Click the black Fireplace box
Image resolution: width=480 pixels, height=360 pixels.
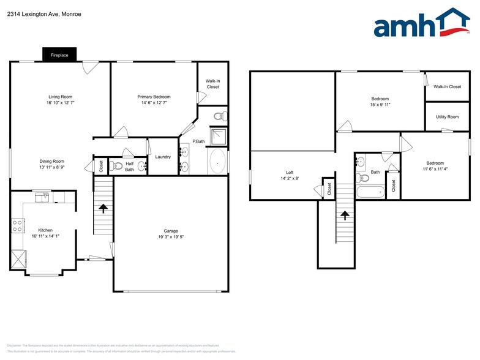pos(59,55)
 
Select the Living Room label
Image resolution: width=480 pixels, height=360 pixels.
pos(61,97)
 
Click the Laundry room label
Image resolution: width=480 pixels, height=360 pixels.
pos(163,157)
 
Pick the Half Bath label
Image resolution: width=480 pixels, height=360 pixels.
pos(129,167)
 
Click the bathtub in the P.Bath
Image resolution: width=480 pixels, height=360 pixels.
pos(218,162)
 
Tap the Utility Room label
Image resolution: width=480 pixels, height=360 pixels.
pos(447,116)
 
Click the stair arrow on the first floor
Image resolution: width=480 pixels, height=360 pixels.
pos(103,209)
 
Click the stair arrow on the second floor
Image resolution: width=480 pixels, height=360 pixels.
pos(345,216)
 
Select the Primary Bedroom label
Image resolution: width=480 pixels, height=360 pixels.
pos(154,97)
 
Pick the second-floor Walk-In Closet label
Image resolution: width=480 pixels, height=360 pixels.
pos(447,87)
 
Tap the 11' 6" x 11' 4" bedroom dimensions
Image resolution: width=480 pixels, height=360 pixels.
pos(435,168)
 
